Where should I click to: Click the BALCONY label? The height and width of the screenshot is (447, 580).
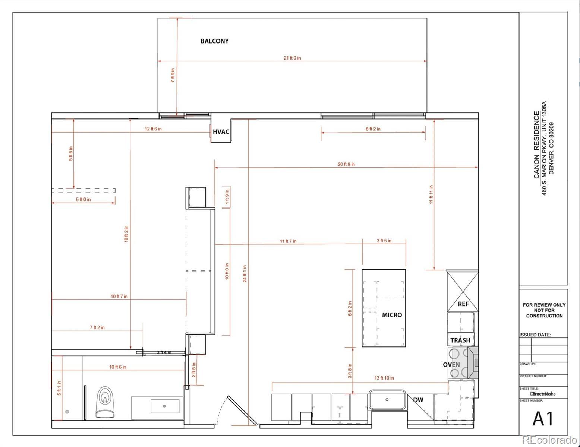214,41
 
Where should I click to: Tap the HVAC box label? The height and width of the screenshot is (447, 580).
221,131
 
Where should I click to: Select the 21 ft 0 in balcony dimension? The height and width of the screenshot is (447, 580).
292,58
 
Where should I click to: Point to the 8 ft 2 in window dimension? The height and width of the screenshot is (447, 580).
373,129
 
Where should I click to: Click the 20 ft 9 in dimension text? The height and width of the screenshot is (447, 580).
346,164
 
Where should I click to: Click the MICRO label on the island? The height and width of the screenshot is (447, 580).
392,315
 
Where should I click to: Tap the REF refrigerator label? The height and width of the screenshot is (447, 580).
463,304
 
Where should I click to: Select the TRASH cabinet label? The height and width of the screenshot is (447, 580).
460,340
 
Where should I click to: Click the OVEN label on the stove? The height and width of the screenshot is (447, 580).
451,364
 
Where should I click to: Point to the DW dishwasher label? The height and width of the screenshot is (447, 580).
418,400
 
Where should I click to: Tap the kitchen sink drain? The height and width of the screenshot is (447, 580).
387,399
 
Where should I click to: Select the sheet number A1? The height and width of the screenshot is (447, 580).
543,418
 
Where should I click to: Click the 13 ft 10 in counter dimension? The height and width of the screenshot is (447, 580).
384,378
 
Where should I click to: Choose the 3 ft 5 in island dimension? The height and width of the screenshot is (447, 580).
384,241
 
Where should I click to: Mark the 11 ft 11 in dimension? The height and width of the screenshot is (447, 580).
431,194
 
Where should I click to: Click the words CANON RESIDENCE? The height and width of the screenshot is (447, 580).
536,145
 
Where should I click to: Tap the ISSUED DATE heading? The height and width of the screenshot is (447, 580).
535,335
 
